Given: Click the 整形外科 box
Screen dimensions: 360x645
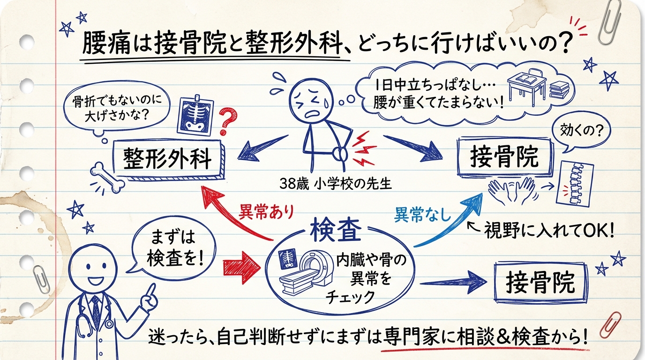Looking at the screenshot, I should pos(167,159).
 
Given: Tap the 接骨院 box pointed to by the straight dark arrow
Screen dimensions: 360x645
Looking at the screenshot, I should pos(540,282).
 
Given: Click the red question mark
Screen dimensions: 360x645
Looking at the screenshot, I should pos(226,121).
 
